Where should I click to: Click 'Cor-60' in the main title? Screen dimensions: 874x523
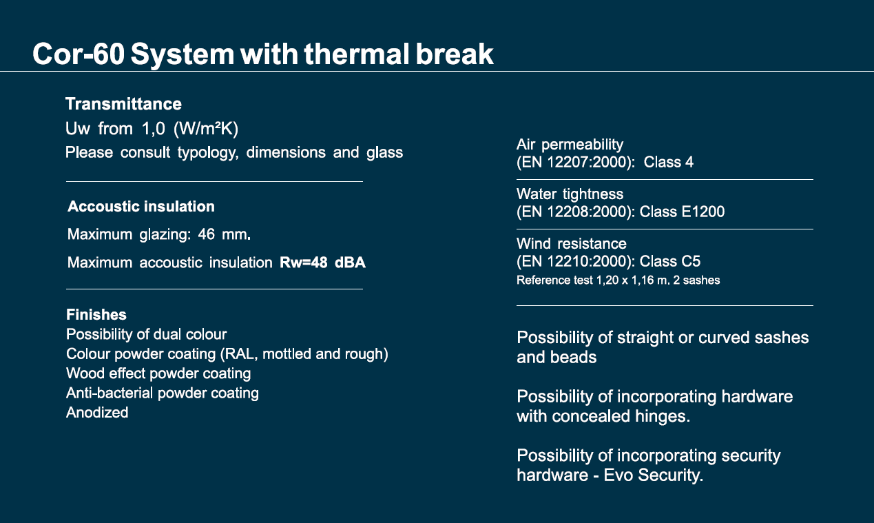point(79,54)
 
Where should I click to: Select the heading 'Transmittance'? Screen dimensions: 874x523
point(123,104)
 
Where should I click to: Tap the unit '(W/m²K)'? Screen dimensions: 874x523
point(206,128)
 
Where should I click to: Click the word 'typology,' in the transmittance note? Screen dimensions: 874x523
point(208,152)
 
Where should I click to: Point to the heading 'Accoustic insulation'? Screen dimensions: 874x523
point(141,207)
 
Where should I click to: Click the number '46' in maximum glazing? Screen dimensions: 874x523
point(207,234)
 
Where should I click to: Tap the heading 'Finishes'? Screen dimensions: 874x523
point(96,315)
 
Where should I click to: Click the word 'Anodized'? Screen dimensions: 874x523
point(97,413)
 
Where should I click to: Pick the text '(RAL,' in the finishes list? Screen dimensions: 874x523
point(239,354)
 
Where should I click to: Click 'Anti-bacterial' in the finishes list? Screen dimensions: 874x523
point(110,393)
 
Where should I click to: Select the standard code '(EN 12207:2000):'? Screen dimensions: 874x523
point(576,162)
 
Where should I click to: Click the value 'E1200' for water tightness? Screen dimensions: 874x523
point(703,212)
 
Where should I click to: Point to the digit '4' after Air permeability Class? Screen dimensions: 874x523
point(689,162)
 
